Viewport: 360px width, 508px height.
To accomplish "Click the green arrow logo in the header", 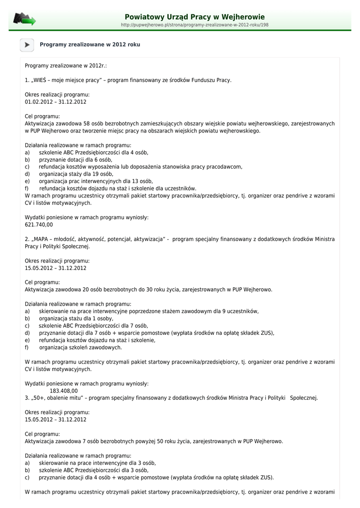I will point(24,20).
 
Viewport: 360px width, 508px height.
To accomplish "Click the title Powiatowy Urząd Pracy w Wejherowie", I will point(195,17).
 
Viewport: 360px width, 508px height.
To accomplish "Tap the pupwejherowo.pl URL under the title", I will point(195,25).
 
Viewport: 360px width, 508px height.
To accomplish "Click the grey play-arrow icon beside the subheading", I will point(27,45).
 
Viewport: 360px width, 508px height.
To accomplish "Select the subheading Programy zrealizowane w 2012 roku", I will point(90,45).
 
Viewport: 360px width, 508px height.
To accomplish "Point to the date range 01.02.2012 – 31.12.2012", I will point(56,102).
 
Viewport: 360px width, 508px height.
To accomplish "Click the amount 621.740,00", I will point(39,225).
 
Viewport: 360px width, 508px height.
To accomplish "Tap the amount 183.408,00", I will point(64,390).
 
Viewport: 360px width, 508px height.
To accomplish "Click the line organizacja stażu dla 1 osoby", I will point(76,318).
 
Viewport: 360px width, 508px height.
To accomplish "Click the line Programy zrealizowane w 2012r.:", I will point(66,65).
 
